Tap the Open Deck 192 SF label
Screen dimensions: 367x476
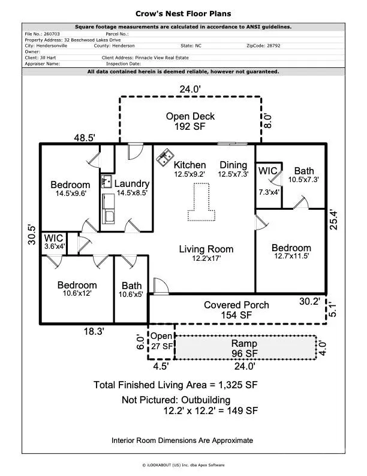point(190,121)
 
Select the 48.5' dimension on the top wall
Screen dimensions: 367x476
point(85,138)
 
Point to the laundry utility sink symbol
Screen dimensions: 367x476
point(106,182)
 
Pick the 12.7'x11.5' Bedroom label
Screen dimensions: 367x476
point(291,252)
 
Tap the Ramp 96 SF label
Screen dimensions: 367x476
point(244,348)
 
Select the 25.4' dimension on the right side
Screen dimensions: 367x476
point(333,219)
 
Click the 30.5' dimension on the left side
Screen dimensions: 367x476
point(32,234)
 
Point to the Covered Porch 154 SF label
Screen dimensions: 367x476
point(236,310)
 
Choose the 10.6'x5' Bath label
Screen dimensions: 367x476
point(131,290)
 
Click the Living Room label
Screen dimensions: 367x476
point(206,253)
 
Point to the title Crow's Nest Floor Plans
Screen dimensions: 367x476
point(183,14)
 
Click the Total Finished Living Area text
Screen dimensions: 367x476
point(176,385)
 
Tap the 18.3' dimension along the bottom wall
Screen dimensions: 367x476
point(94,331)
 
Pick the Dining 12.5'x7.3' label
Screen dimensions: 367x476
point(233,169)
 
